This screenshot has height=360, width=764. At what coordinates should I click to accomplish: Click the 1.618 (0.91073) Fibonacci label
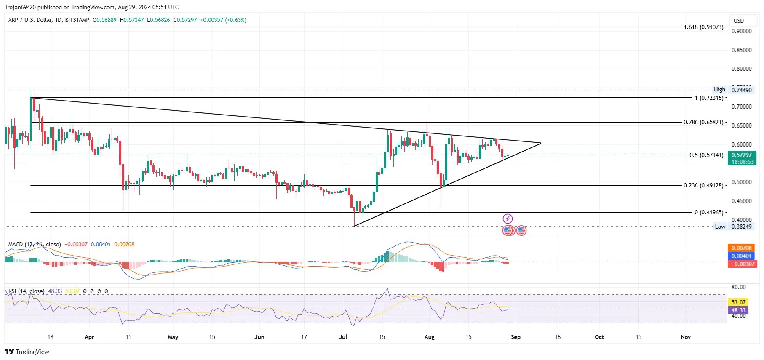(703, 27)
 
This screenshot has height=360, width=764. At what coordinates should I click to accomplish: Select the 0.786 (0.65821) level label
(703, 122)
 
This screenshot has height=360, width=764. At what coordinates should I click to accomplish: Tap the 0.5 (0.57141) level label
(706, 155)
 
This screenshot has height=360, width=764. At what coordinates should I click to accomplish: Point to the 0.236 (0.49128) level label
(703, 185)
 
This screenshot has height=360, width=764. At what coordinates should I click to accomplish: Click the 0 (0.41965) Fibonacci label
(709, 212)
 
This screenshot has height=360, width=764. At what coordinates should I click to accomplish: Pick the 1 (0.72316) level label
(709, 98)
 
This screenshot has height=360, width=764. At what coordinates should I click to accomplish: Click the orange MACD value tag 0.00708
(742, 248)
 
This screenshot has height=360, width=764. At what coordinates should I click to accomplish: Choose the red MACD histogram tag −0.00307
(742, 264)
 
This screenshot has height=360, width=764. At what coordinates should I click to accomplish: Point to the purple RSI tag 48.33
(738, 310)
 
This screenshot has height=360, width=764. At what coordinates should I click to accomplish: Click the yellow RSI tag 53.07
(738, 302)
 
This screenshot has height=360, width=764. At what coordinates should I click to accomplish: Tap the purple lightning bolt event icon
(508, 219)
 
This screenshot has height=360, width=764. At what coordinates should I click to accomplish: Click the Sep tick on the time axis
(516, 337)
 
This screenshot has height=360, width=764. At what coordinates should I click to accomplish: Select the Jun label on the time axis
(259, 337)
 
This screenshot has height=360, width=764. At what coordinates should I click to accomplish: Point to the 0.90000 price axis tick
(741, 31)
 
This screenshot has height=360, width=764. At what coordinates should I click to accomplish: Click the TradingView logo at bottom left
(27, 352)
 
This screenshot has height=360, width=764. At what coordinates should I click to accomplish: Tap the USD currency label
(739, 21)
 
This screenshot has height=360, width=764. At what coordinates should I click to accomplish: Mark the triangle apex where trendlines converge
(541, 143)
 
